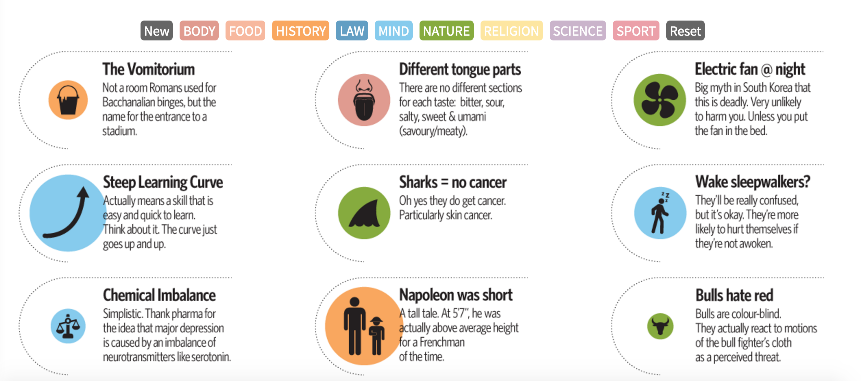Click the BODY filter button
(x=199, y=31)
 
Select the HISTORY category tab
(x=301, y=31)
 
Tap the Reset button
(x=685, y=31)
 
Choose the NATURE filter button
(x=446, y=31)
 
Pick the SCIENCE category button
(x=578, y=31)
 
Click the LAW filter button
(x=352, y=31)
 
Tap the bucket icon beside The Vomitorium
(x=68, y=100)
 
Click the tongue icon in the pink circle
(x=364, y=100)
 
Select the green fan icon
(x=660, y=100)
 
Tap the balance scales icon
(x=68, y=326)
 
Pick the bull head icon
(x=660, y=326)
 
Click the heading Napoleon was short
(x=456, y=295)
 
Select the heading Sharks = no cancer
(x=453, y=182)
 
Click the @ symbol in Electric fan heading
(x=766, y=70)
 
